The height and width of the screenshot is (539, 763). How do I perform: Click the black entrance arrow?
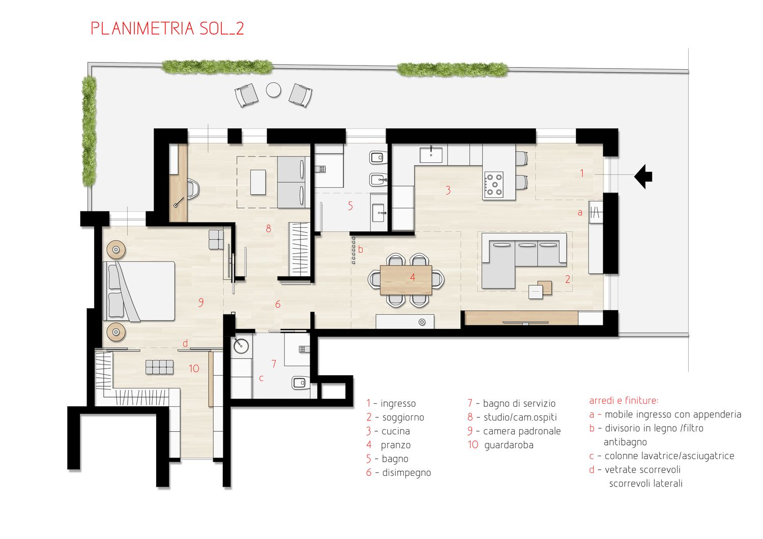(x=643, y=177)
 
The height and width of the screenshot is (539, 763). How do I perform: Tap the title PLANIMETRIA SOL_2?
(x=167, y=28)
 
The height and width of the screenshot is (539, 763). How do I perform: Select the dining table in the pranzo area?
(x=406, y=280)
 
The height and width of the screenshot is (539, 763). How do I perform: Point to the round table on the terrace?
(x=274, y=90)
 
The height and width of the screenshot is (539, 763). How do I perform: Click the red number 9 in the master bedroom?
(x=201, y=303)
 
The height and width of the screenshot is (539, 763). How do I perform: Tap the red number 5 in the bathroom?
(x=350, y=205)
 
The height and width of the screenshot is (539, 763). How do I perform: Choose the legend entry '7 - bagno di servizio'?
(x=511, y=403)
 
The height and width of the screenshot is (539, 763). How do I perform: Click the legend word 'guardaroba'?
(x=509, y=445)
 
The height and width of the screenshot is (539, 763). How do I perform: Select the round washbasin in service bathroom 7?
(x=241, y=346)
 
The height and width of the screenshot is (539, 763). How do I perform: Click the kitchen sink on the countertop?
(x=431, y=155)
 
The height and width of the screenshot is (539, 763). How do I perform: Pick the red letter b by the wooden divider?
(x=360, y=250)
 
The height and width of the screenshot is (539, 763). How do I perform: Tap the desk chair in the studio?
(x=193, y=189)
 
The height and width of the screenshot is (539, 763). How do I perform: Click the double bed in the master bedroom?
(x=139, y=291)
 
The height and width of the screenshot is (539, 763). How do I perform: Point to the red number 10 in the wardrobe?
(x=194, y=369)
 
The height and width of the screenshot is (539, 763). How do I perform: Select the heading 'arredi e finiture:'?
(x=624, y=400)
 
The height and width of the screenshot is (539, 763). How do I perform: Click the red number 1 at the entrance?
(x=582, y=173)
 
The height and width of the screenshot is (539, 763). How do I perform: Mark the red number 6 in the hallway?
(x=278, y=304)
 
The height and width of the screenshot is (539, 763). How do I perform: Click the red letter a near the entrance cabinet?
(x=580, y=213)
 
